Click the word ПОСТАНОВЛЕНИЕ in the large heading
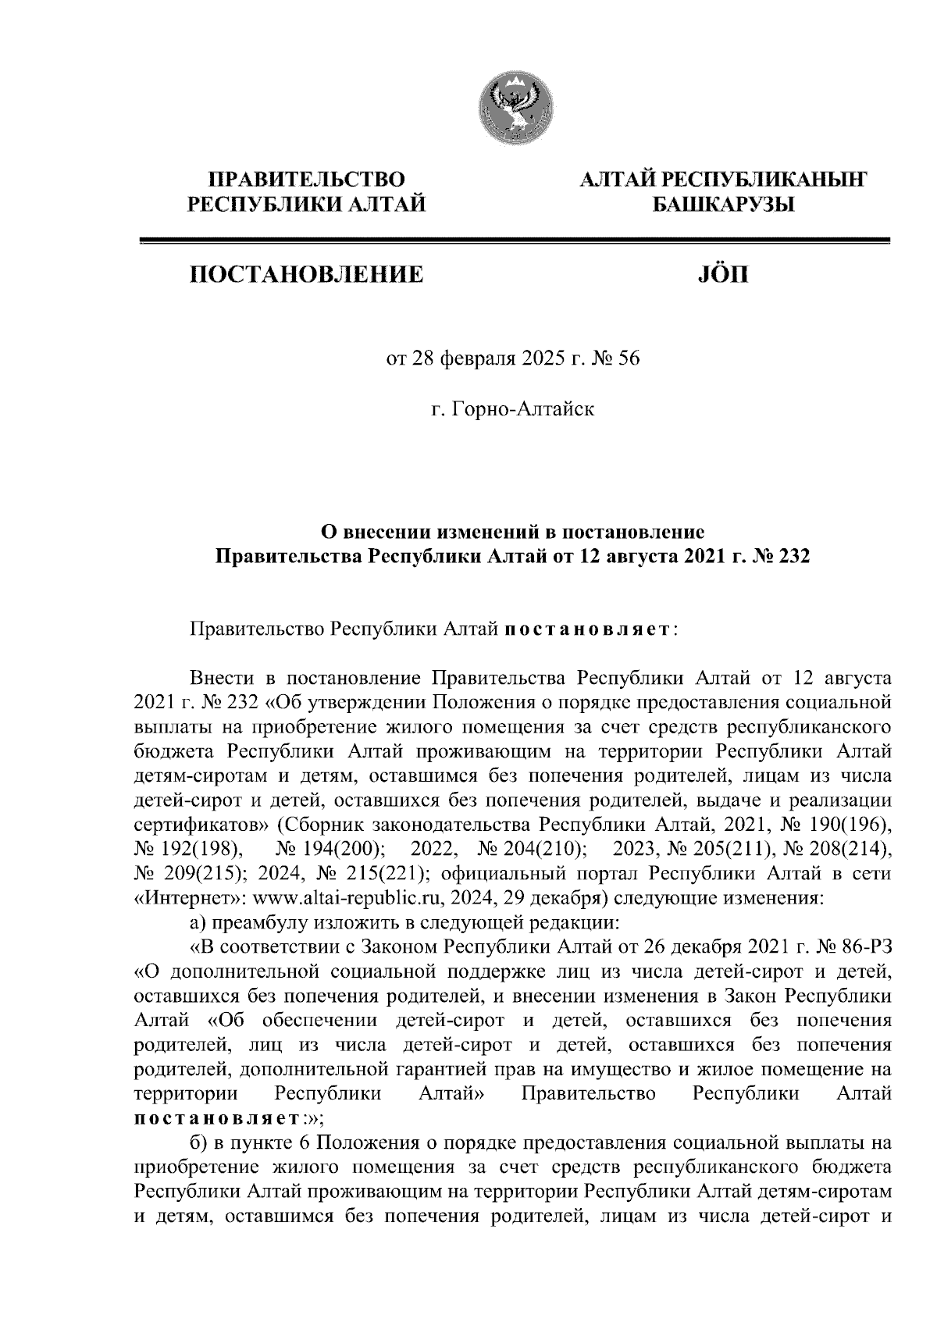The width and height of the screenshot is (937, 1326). [305, 274]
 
